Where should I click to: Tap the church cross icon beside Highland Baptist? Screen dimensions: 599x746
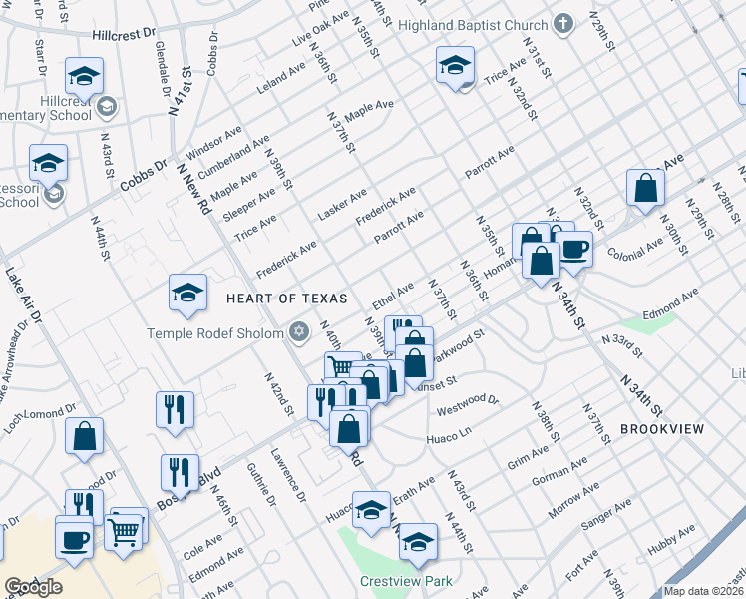click(564, 24)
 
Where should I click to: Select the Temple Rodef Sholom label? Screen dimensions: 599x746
click(216, 333)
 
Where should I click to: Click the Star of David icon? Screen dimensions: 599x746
click(298, 332)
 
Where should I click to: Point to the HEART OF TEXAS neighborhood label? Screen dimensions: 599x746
click(286, 299)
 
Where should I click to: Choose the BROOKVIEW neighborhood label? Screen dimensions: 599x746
click(662, 429)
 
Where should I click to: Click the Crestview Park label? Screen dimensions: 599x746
click(407, 581)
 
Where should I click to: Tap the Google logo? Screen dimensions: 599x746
click(33, 587)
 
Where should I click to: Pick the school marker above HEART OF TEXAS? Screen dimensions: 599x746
click(187, 293)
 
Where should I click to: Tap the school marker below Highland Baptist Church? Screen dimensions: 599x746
click(455, 65)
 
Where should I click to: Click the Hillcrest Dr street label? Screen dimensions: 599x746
click(125, 33)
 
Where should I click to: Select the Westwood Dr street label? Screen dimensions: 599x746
click(468, 403)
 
